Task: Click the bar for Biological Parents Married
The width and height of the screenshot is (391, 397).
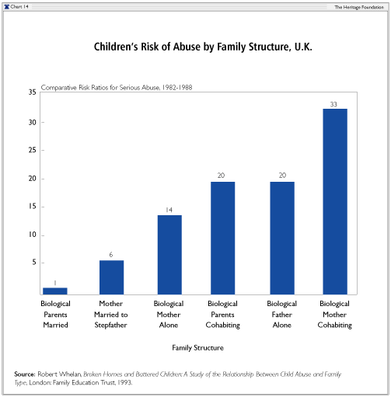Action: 55,291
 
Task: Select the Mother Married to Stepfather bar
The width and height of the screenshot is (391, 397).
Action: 111,277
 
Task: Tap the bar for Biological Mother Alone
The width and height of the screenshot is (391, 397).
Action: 169,255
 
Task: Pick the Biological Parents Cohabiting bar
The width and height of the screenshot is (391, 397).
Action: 222,238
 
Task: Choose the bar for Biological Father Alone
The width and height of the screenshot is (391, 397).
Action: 282,238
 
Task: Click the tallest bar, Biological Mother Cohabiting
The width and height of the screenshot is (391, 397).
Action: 335,201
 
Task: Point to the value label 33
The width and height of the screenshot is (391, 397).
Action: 333,104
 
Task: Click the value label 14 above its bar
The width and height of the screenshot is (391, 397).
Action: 169,210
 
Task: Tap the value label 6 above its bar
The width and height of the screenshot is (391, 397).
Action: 111,255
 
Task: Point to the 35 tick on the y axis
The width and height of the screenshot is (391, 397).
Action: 33,92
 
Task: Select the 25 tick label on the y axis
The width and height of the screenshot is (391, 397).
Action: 33,150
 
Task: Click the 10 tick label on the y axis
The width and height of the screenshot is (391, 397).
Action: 33,235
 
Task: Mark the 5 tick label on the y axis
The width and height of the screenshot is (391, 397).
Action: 34,263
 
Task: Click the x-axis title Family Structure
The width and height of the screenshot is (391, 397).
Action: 197,347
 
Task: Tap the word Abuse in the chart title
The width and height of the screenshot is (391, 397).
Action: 187,47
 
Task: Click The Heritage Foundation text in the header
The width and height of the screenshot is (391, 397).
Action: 359,7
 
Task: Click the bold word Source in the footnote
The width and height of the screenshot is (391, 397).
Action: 24,374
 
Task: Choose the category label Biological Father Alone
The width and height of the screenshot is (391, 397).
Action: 282,314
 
